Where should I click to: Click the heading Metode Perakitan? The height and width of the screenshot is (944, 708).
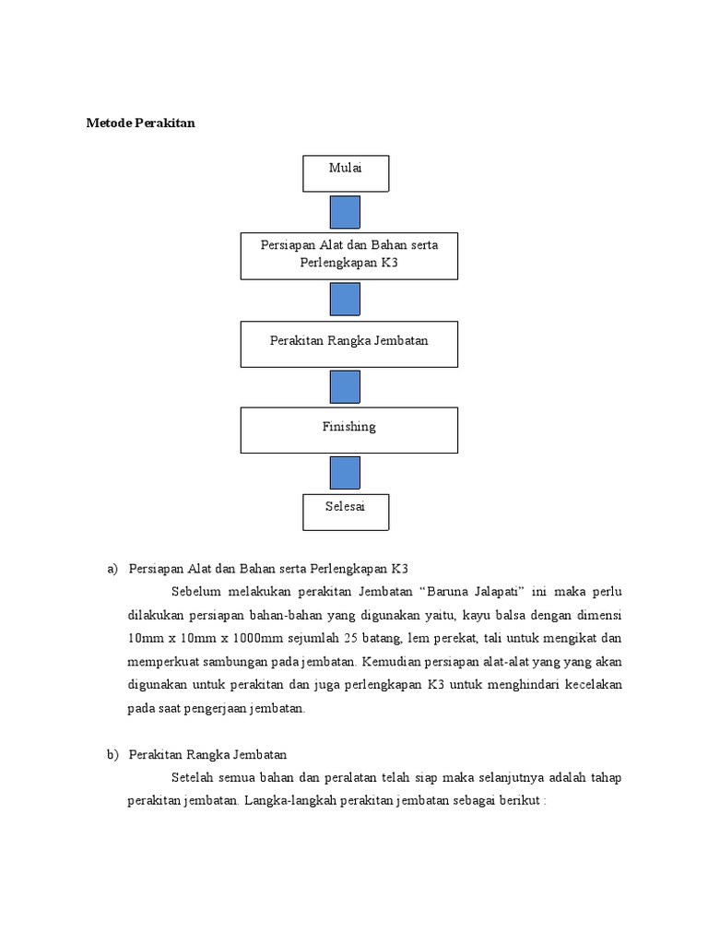(141, 123)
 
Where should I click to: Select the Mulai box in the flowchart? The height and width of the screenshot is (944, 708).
(346, 173)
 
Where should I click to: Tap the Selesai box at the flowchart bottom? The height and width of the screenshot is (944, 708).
(346, 512)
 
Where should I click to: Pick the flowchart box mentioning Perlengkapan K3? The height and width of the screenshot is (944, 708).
(349, 255)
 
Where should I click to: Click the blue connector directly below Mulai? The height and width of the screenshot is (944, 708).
(346, 212)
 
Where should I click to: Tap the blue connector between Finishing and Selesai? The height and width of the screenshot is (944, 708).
(346, 473)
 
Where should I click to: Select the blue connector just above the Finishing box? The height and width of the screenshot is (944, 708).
(346, 387)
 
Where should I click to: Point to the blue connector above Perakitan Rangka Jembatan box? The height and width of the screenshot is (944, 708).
(346, 300)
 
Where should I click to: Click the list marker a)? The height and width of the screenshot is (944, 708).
(113, 569)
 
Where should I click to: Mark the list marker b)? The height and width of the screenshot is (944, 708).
(113, 755)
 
